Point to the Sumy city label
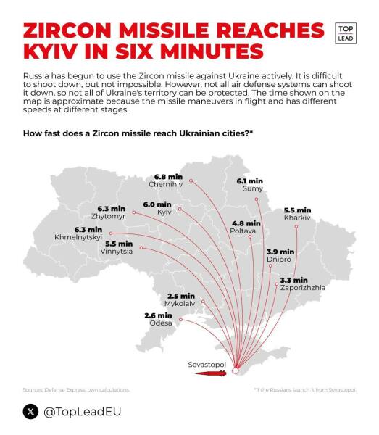click(253, 188)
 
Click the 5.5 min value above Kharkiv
click(297, 210)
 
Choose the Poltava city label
click(246, 231)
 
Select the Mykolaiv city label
click(180, 304)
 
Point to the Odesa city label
click(161, 323)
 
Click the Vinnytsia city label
click(119, 252)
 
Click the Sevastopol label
click(207, 362)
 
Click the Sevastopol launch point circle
click(235, 371)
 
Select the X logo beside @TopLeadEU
click(30, 411)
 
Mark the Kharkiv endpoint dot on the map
click(296, 227)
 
